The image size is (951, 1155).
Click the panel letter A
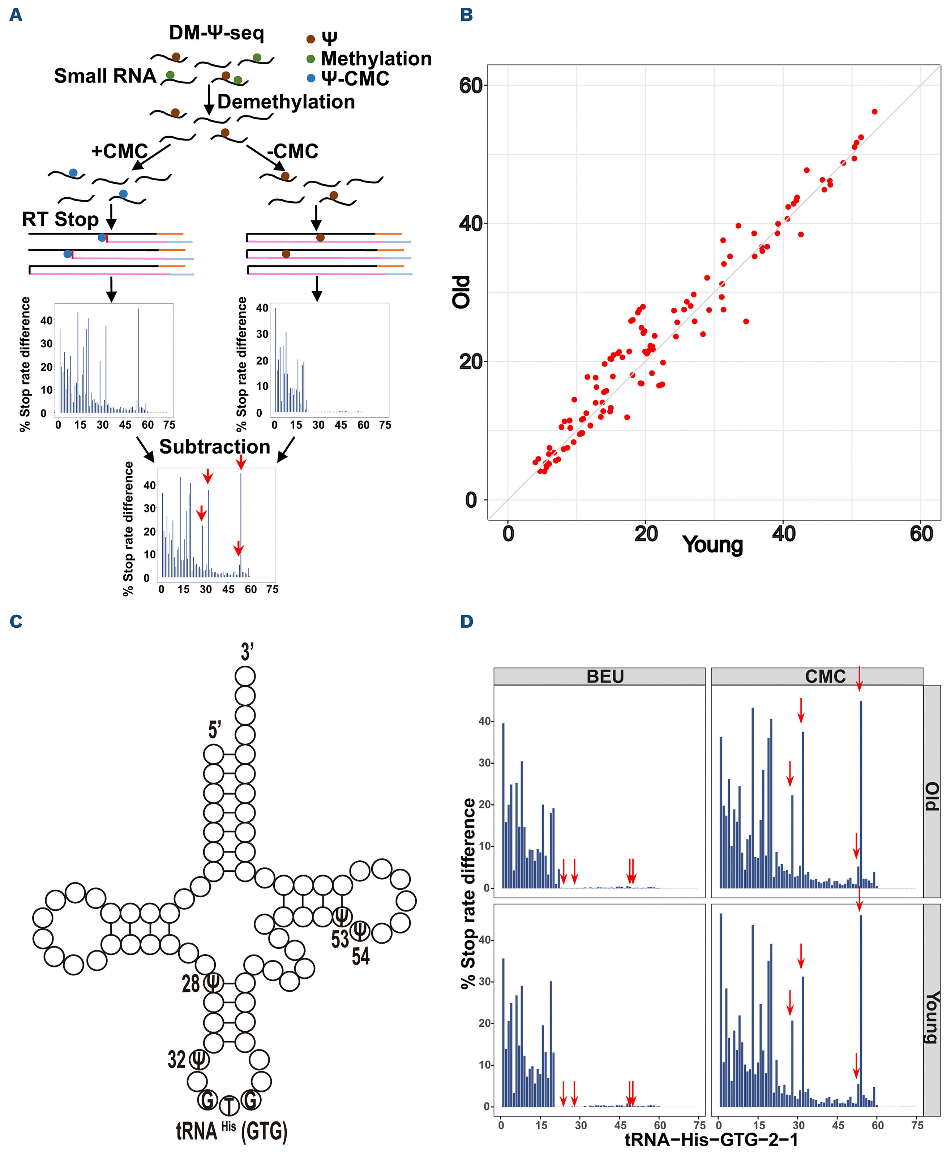click(16, 15)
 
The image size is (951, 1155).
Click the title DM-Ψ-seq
click(217, 33)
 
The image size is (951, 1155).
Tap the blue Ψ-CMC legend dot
click(310, 78)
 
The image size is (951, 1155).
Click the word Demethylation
click(286, 102)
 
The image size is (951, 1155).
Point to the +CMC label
click(119, 151)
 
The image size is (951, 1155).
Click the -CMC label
click(292, 151)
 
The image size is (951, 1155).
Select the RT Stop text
click(60, 219)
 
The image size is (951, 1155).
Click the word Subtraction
click(215, 447)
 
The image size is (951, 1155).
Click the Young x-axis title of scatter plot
click(712, 544)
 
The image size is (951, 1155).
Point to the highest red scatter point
click(874, 112)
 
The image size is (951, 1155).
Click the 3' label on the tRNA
click(247, 652)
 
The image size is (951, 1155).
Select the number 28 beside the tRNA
click(190, 984)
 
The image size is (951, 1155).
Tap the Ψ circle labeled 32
click(199, 1060)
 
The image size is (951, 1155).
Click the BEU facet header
click(605, 677)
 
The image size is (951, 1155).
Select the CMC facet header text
click(825, 677)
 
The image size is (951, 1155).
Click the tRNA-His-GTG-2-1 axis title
click(711, 1140)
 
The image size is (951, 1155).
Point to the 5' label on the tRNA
click(214, 730)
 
